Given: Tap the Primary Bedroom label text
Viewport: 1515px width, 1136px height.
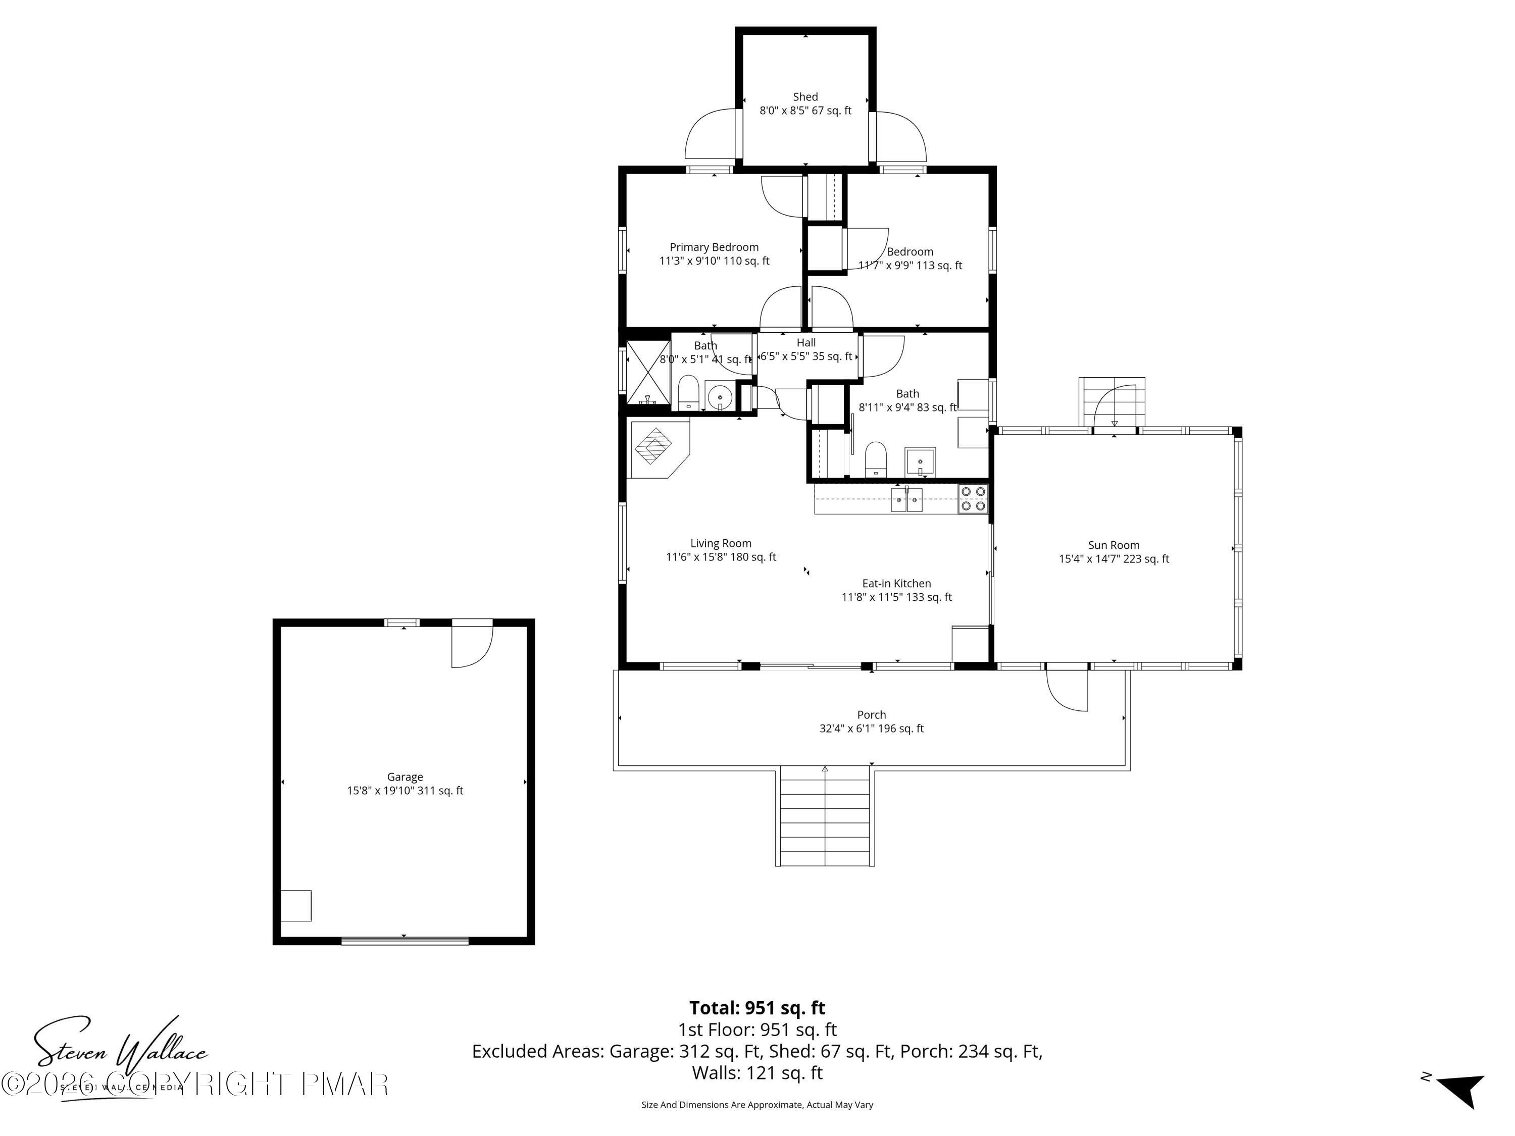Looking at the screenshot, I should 714,247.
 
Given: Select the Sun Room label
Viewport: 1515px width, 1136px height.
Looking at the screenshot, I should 1114,545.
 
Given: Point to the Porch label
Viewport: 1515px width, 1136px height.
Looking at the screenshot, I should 871,714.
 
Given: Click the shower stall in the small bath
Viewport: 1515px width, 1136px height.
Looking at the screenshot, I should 648,374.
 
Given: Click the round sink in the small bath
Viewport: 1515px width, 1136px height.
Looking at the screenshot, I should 720,396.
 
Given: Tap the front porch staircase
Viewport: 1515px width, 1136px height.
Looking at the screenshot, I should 825,816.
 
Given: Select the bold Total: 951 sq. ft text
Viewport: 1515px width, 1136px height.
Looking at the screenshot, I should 757,1008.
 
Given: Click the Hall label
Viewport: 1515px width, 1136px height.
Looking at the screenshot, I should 805,342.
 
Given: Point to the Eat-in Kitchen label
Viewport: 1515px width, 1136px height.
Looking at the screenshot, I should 896,584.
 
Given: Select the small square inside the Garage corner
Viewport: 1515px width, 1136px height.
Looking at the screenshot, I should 296,905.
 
